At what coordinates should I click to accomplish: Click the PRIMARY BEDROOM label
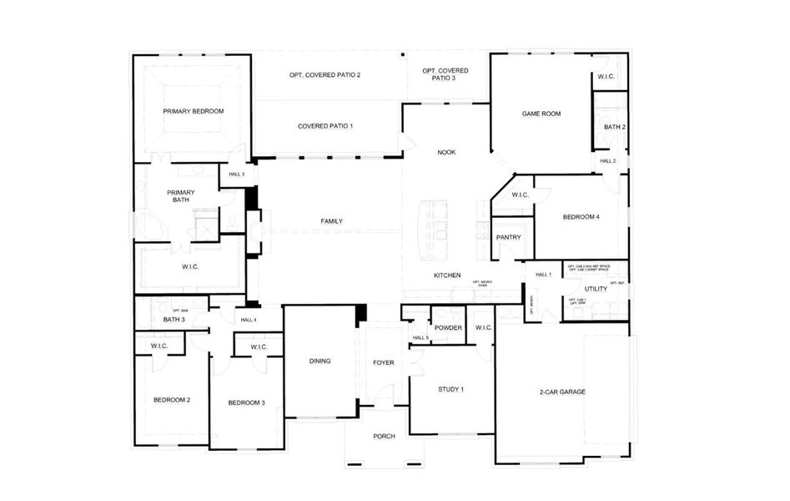click(193, 110)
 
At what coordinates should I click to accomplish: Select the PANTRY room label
click(508, 237)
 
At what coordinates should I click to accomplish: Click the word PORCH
click(384, 437)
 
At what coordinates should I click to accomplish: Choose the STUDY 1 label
click(450, 389)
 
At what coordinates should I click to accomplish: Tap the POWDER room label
click(448, 328)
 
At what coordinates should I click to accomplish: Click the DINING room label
click(320, 362)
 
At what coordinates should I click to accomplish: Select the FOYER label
click(384, 362)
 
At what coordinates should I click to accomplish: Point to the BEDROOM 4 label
click(581, 217)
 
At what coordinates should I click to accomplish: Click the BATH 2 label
click(615, 127)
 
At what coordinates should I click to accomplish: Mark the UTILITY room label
click(596, 289)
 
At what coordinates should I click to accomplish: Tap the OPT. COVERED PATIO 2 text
click(325, 75)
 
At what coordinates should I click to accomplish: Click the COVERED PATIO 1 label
click(325, 126)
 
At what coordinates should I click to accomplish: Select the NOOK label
click(446, 153)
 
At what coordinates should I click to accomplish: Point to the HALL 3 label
click(236, 175)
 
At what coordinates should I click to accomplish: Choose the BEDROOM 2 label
click(172, 400)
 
